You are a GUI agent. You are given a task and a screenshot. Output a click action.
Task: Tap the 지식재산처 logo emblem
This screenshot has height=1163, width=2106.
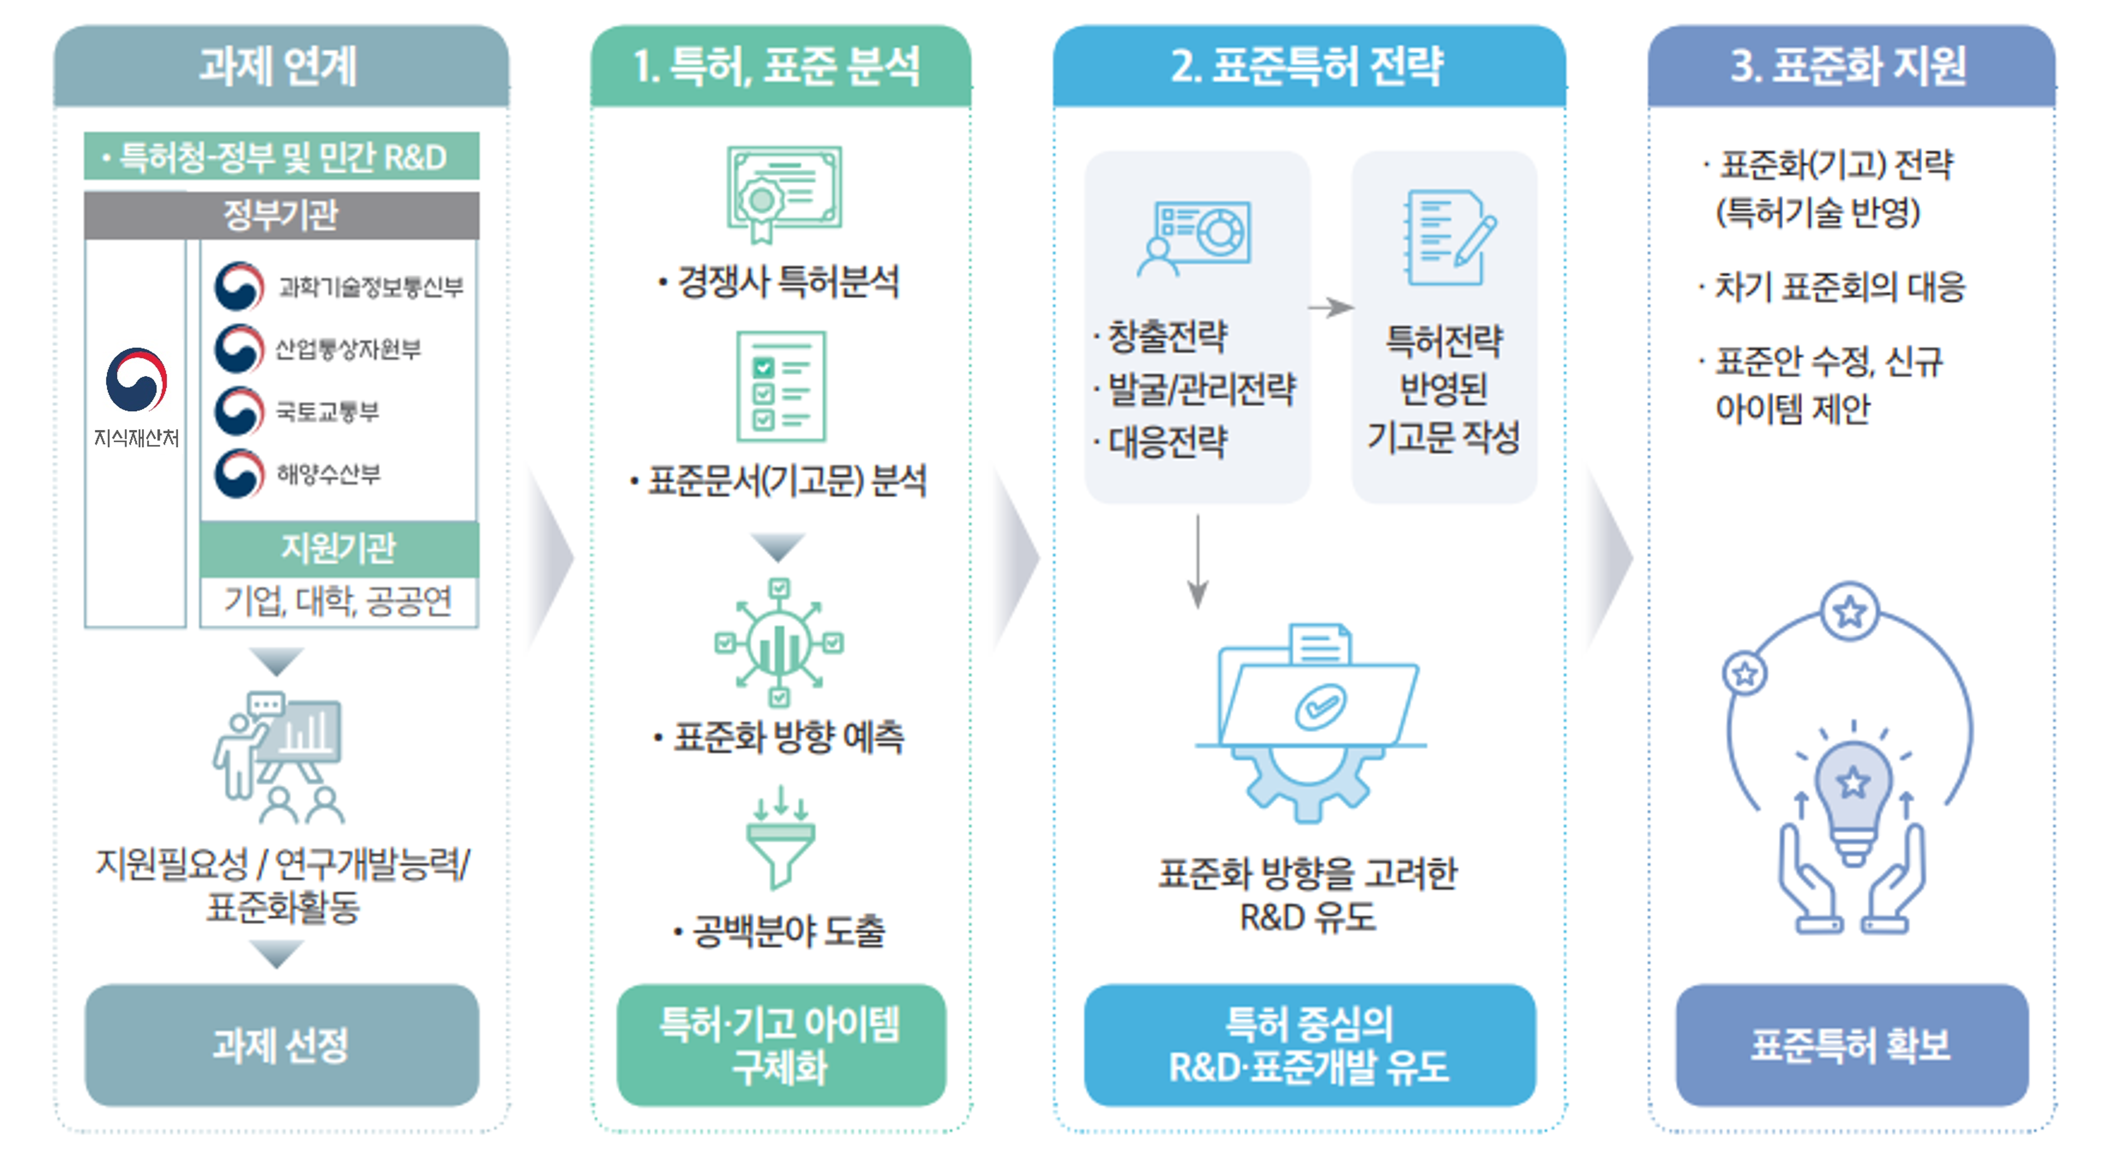click(136, 380)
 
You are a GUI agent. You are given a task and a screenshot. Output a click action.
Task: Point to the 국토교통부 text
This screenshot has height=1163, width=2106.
click(327, 411)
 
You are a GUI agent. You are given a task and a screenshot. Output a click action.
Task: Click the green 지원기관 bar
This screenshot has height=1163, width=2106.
click(338, 548)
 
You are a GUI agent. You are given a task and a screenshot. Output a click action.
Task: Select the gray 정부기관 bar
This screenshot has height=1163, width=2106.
click(281, 215)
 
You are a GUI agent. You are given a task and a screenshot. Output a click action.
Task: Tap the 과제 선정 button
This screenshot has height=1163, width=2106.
click(281, 1044)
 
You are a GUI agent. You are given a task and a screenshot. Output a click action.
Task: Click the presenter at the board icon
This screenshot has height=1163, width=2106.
click(278, 756)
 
